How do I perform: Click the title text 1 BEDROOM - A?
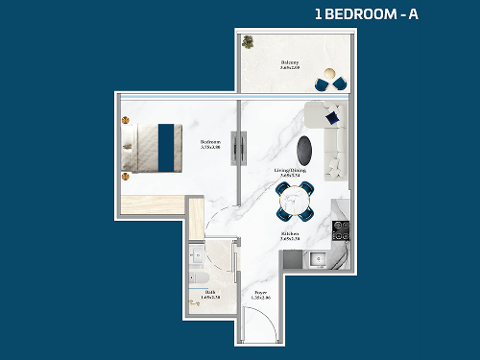click(x=366, y=14)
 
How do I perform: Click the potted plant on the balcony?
click(x=249, y=42)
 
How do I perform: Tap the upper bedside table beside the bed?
click(x=125, y=120)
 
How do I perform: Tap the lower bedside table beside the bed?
click(x=125, y=177)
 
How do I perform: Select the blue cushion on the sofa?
click(x=331, y=118)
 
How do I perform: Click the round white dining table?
click(x=293, y=202)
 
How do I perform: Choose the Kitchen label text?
click(x=291, y=235)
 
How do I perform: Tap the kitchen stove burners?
click(x=339, y=230)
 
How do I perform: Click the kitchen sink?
click(x=318, y=257)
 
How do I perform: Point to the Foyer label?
click(x=260, y=296)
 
